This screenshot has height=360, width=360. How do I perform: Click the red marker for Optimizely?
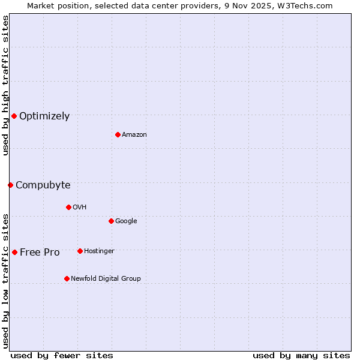[x=14, y=116]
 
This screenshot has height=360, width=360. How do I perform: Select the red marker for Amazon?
[x=118, y=134]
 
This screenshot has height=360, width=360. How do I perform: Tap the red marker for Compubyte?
[x=10, y=185]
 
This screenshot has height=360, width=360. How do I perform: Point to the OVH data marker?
[x=68, y=207]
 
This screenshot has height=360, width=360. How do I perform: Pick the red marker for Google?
[x=111, y=221]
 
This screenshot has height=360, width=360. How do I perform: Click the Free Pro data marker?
[x=14, y=252]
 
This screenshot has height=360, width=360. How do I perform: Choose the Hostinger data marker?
[x=80, y=251]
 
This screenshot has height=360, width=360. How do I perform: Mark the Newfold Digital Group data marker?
[x=67, y=278]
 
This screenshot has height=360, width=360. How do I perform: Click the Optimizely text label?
[x=44, y=116]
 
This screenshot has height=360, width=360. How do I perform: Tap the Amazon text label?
[x=134, y=135]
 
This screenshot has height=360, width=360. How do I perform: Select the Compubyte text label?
[x=43, y=185]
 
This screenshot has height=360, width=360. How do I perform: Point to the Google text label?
[x=126, y=221]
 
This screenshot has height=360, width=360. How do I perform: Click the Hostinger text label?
[x=99, y=251]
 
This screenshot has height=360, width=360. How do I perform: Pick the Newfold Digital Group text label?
[x=106, y=279]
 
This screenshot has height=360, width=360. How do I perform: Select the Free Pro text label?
[x=40, y=253]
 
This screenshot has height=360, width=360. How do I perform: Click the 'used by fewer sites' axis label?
[x=62, y=355]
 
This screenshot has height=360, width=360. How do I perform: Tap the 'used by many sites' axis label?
[x=301, y=355]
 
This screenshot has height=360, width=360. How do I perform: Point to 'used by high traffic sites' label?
[x=5, y=85]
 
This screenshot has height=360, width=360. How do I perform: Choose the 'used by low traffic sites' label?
[x=5, y=280]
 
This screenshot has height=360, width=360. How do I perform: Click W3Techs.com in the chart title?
[x=308, y=5]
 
